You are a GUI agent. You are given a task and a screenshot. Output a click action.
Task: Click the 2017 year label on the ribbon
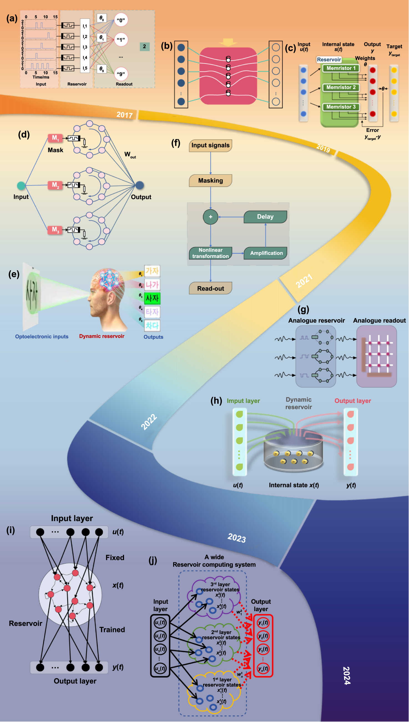coord(124,115)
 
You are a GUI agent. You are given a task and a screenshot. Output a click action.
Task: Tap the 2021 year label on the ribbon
coord(304,280)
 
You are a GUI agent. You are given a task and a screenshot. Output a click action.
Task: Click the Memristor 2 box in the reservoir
coord(341,87)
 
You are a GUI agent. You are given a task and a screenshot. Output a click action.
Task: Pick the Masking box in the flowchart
coord(210,180)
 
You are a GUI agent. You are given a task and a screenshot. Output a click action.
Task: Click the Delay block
coord(265,217)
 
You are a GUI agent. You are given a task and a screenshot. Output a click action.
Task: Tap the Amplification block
coord(266,253)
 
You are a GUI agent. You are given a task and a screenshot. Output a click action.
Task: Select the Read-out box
coord(210,288)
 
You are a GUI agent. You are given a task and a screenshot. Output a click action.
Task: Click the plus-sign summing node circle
coord(210,217)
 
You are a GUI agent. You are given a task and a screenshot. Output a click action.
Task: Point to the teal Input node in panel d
coord(21,185)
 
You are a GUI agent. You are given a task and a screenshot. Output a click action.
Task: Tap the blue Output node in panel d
coord(140,185)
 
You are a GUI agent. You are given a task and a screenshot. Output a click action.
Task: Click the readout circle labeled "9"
coord(121,74)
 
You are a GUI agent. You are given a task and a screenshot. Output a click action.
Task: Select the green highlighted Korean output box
coord(152,298)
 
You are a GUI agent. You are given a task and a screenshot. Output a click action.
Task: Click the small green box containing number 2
coord(144,46)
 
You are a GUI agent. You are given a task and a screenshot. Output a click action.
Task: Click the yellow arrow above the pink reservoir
coord(228,42)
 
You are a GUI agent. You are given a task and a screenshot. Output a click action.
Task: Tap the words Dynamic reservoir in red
coord(101,336)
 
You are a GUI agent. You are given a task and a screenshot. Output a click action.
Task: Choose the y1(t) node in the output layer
coord(263,623)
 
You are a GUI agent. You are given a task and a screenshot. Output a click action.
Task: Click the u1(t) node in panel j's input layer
coord(160,623)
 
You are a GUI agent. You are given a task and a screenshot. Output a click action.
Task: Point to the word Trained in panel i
coord(112,630)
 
